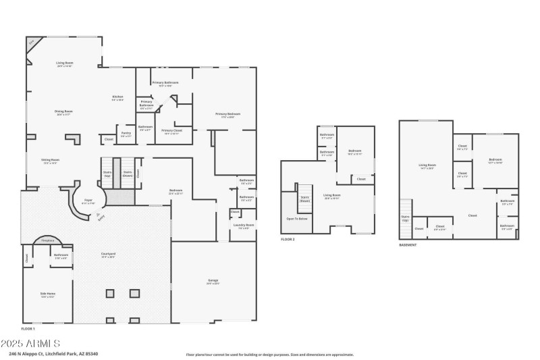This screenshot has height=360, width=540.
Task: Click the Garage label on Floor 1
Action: click(x=212, y=281)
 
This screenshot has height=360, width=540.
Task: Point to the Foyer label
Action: click(x=88, y=201)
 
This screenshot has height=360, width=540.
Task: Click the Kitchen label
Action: click(x=117, y=98)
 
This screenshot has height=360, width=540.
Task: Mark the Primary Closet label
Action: click(x=172, y=131)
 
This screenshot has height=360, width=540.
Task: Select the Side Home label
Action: click(x=48, y=294)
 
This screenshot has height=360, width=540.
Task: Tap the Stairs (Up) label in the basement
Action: click(x=405, y=218)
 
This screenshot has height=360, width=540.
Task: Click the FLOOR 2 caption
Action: click(x=288, y=240)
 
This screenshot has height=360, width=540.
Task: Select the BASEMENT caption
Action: click(x=408, y=245)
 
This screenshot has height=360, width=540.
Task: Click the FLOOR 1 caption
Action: click(x=29, y=328)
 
